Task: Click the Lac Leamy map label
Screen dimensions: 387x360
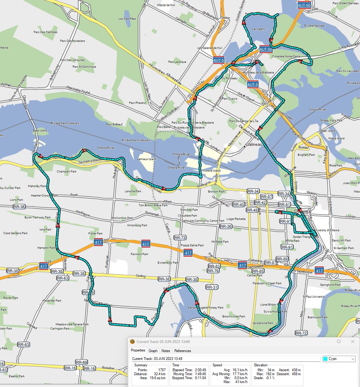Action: (259, 29)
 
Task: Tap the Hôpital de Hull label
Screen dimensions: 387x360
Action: (166, 5)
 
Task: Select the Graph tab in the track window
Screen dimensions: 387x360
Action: (153, 351)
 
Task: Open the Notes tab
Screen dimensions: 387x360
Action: (166, 351)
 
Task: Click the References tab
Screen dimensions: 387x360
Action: (183, 351)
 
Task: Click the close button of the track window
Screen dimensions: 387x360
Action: (353, 342)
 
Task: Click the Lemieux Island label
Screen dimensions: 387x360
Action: (147, 159)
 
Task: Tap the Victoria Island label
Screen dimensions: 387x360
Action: (211, 170)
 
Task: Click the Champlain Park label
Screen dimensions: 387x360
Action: (66, 172)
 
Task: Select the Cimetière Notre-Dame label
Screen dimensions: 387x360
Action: (286, 56)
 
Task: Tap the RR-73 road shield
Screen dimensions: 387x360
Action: (180, 238)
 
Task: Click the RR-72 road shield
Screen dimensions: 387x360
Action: (301, 333)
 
